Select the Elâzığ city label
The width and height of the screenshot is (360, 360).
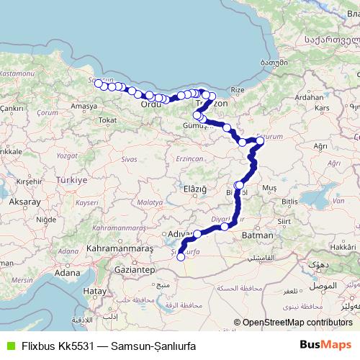(194, 189)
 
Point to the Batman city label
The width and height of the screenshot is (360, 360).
(258, 235)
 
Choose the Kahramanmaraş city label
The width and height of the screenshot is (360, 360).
(120, 248)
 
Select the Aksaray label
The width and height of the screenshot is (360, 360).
(24, 202)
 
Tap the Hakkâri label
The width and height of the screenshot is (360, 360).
(340, 246)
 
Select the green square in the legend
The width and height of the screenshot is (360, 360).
(8, 344)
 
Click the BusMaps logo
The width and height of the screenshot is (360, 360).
(325, 344)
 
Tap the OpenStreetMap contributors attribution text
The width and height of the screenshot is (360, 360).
(297, 323)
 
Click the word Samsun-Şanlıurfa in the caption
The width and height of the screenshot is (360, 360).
(149, 344)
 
